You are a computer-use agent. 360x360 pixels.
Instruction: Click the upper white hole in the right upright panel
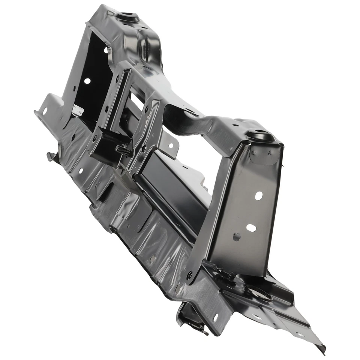tap(259, 195)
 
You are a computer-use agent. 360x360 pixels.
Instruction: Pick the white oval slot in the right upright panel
tap(251, 228)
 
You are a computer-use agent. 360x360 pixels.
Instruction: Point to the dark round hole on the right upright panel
tap(236, 237)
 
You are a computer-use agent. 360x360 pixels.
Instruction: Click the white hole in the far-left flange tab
tap(45, 111)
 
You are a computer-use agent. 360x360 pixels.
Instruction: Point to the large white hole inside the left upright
tap(87, 81)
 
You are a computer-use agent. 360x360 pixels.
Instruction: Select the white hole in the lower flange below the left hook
tap(81, 171)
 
